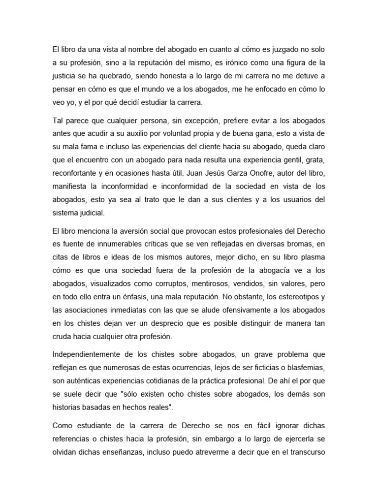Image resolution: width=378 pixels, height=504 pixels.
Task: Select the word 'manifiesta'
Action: click(69, 187)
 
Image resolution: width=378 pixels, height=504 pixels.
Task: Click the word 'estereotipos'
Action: click(294, 298)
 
